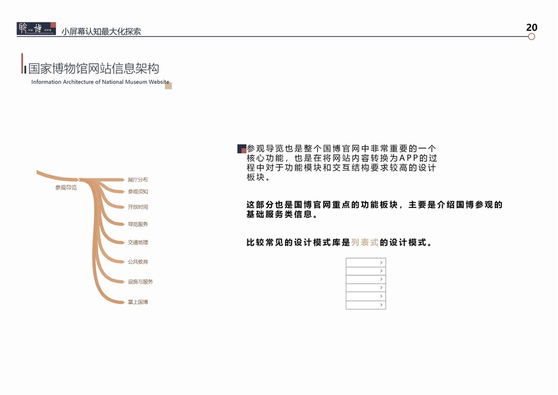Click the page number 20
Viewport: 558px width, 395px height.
pyautogui.click(x=532, y=27)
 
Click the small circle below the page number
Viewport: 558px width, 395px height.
pyautogui.click(x=532, y=37)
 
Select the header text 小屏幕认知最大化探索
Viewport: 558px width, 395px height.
pyautogui.click(x=101, y=31)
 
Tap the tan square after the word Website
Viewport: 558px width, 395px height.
pyautogui.click(x=168, y=85)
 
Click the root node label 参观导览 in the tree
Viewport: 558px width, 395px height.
pyautogui.click(x=66, y=188)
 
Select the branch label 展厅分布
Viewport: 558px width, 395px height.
pyautogui.click(x=138, y=179)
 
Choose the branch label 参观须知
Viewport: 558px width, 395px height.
pyautogui.click(x=138, y=192)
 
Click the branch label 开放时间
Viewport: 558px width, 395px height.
pyautogui.click(x=138, y=207)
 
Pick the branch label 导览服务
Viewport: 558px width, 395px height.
pyautogui.click(x=138, y=224)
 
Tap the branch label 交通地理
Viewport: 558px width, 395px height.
pyautogui.click(x=138, y=242)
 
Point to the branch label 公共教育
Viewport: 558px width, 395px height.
pyautogui.click(x=138, y=262)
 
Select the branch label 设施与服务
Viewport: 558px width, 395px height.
pyautogui.click(x=140, y=282)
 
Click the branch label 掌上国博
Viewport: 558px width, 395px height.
pyautogui.click(x=138, y=302)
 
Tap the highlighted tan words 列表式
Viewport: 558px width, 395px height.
pyautogui.click(x=365, y=242)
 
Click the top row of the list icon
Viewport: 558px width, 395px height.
pyautogui.click(x=365, y=263)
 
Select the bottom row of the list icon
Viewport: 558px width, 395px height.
pyautogui.click(x=365, y=305)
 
